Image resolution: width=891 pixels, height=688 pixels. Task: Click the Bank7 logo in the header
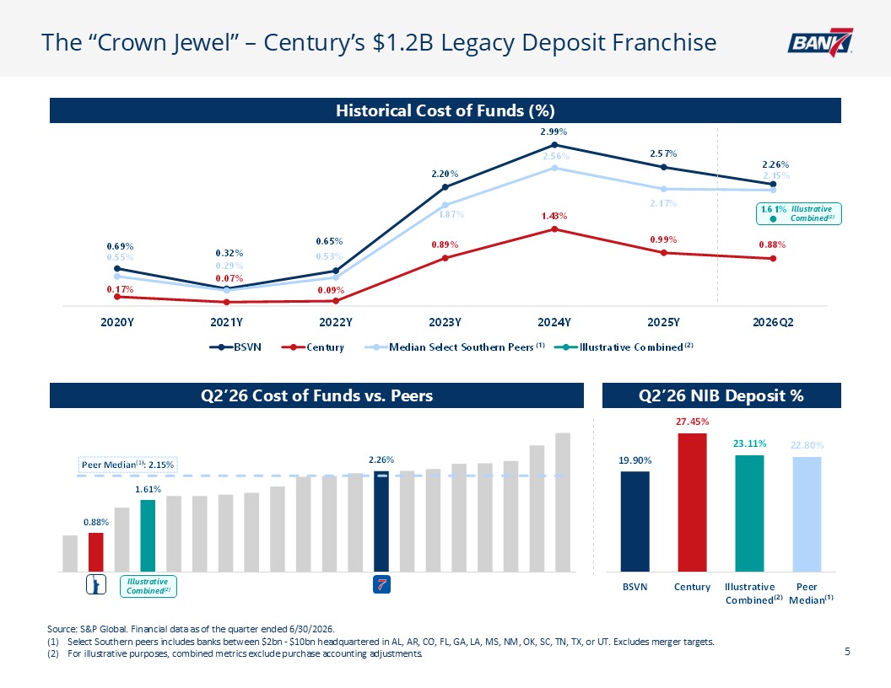click(820, 42)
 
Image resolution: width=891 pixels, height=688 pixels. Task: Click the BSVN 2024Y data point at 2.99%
click(554, 145)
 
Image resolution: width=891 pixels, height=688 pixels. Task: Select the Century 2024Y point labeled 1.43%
click(554, 228)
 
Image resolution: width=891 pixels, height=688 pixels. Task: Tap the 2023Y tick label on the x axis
click(445, 322)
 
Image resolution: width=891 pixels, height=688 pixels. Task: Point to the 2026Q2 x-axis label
click(773, 322)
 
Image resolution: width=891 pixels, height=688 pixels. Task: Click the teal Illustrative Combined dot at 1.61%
click(773, 219)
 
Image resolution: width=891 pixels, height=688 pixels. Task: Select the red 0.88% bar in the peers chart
click(96, 551)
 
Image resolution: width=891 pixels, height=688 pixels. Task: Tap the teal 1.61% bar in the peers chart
click(148, 535)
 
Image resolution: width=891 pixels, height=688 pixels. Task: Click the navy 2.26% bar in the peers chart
click(381, 521)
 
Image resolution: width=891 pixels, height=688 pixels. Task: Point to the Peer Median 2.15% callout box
click(128, 465)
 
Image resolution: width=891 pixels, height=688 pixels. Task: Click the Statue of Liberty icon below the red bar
click(96, 584)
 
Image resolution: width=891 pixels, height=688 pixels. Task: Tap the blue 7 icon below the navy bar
click(381, 584)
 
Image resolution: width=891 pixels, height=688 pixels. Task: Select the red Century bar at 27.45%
click(692, 502)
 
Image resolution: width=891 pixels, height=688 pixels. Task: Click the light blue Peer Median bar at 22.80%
click(807, 513)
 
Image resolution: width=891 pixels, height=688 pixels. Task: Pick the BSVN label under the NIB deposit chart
click(634, 587)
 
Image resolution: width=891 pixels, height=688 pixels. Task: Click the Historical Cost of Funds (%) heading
click(445, 110)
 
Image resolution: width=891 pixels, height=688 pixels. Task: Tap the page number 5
click(847, 652)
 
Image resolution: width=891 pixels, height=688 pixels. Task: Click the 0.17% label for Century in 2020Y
click(120, 289)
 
